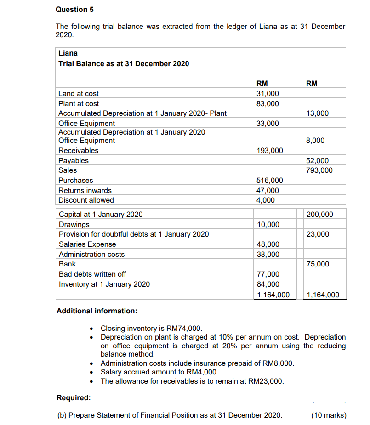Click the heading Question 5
click(71, 9)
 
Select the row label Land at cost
click(78, 94)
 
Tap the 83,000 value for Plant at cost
click(268, 104)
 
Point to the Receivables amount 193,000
click(270, 151)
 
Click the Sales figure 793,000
click(319, 170)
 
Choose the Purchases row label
click(76, 181)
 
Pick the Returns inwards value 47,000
click(268, 190)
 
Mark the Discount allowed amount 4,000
click(266, 200)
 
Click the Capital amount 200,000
click(319, 215)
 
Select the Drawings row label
click(74, 225)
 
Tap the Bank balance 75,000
click(318, 264)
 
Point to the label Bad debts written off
click(92, 274)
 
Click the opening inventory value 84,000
click(268, 284)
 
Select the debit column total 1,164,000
click(273, 295)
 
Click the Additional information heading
click(97, 311)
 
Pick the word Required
click(73, 397)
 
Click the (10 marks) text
click(329, 415)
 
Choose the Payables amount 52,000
click(318, 161)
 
